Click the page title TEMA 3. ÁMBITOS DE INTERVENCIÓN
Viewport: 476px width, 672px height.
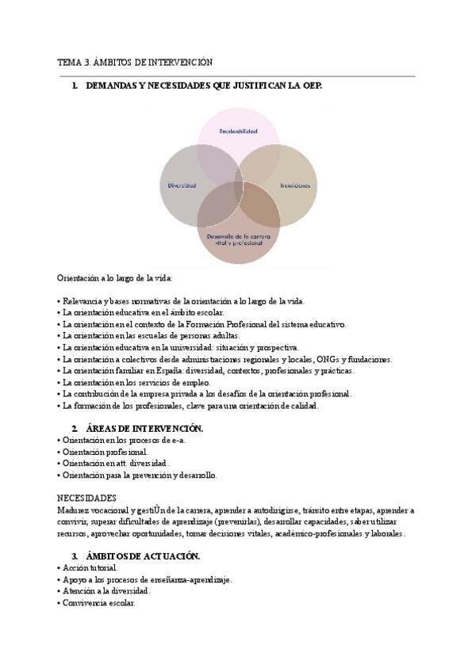pos(135,62)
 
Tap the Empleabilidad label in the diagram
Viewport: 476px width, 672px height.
pos(238,132)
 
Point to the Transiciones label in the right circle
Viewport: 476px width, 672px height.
pos(294,185)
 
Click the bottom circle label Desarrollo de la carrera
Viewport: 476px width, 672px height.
pos(238,238)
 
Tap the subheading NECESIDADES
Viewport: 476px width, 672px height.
pos(87,498)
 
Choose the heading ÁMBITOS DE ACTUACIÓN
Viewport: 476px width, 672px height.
pos(144,556)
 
